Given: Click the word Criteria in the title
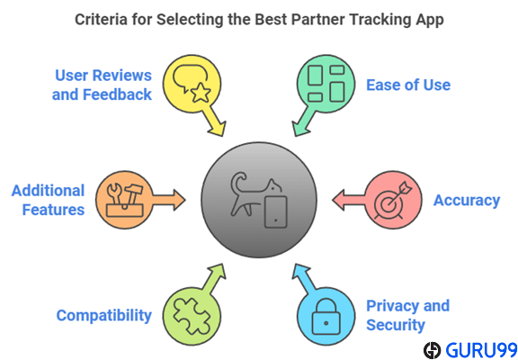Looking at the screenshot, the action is pos(101,19).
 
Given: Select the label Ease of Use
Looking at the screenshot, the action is pos(408,85).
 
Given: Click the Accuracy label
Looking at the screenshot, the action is pos(467,201).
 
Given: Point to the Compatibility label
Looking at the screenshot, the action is pos(104,316).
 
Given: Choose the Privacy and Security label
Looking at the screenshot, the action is pos(408,315).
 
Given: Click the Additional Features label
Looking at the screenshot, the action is pos(49,201).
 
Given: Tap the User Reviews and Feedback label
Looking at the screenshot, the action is pos(103,85).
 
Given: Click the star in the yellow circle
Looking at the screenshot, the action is pos(201,93).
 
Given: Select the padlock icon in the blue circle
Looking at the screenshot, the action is pos(326,317).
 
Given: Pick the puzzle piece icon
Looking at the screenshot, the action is pos(192,316).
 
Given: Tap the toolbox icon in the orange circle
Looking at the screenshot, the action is pos(125,201).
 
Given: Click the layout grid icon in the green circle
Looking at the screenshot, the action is pos(326,84).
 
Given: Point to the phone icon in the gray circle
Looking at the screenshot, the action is pos(275,211).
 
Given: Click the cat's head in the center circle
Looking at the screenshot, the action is pos(274,186).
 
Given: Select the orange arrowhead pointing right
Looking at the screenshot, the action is pos(179,200).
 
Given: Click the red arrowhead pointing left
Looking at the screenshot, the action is pos(339,200).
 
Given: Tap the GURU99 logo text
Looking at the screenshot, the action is pos(481,350).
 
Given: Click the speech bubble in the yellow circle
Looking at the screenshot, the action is pos(190,77).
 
